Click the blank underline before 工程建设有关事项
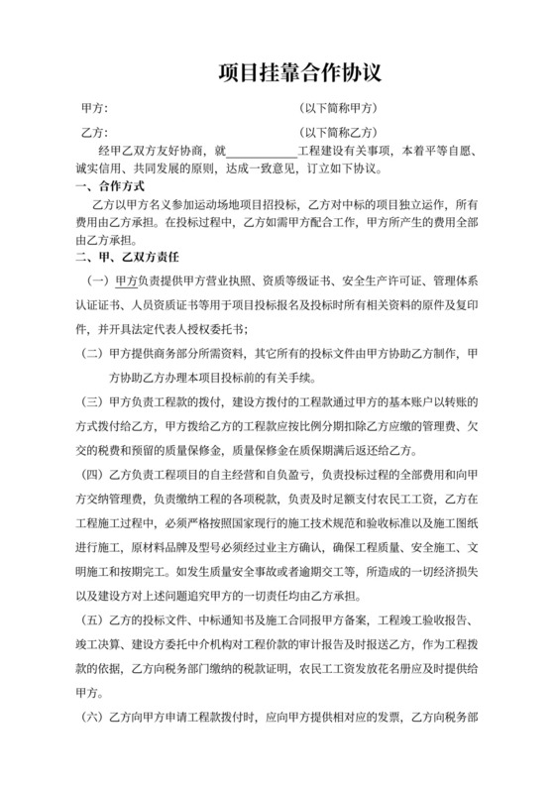tap(261, 151)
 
